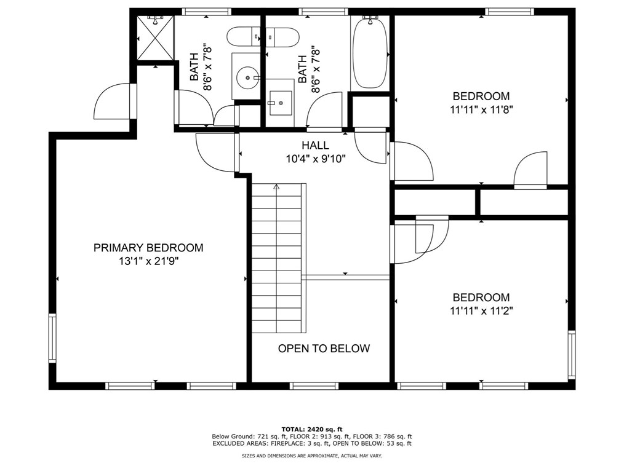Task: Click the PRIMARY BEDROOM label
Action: (x=148, y=248)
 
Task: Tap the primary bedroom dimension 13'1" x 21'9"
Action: (x=148, y=261)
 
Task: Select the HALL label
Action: (x=315, y=145)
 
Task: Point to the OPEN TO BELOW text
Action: (x=324, y=349)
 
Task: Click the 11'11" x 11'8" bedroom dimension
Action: (x=481, y=109)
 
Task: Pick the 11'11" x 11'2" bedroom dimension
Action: (x=481, y=310)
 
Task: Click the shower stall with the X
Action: (x=155, y=38)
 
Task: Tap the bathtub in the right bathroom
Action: (x=370, y=52)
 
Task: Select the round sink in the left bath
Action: (x=246, y=76)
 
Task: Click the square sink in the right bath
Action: (x=281, y=103)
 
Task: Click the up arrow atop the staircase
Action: (x=276, y=186)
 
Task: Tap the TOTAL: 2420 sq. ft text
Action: (x=312, y=429)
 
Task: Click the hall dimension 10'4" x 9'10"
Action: (x=316, y=159)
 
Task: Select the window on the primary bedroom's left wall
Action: (x=52, y=338)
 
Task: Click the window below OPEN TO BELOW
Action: (x=314, y=385)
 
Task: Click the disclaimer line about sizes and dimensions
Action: (x=312, y=456)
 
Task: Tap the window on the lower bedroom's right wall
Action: (x=572, y=354)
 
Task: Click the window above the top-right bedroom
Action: (x=510, y=12)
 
